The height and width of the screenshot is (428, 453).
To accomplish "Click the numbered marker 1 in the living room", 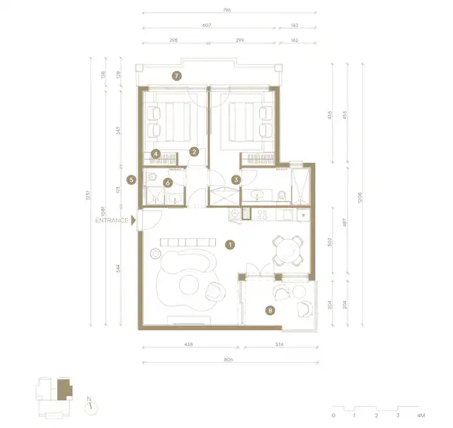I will pos(229,245).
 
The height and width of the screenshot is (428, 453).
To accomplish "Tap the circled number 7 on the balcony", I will pos(177,74).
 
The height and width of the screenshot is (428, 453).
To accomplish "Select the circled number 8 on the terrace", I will pos(269,309).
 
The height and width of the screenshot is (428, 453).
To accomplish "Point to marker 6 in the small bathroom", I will pos(168,182).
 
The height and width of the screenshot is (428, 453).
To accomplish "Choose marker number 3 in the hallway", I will pos(236,180).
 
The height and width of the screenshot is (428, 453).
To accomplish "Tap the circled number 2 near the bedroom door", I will pos(193,151).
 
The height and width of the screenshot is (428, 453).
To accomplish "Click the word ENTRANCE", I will pos(112,220).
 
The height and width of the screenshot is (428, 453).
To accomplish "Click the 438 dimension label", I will pos(188,346).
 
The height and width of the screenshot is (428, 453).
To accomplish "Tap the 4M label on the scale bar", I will pos(421,416).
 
